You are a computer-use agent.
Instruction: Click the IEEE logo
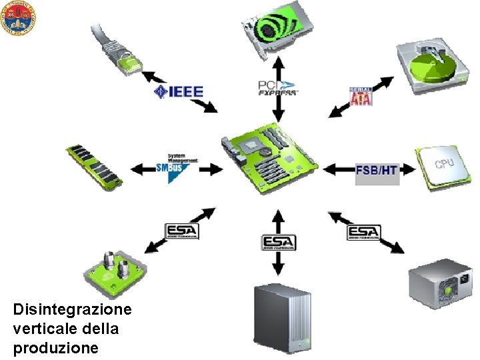[178, 91]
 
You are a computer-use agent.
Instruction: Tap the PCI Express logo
[278, 87]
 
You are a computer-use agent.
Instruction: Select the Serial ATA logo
[361, 95]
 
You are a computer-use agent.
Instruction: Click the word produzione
[56, 348]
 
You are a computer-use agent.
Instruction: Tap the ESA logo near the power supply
[364, 233]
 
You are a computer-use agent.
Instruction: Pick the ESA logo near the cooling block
[182, 231]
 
